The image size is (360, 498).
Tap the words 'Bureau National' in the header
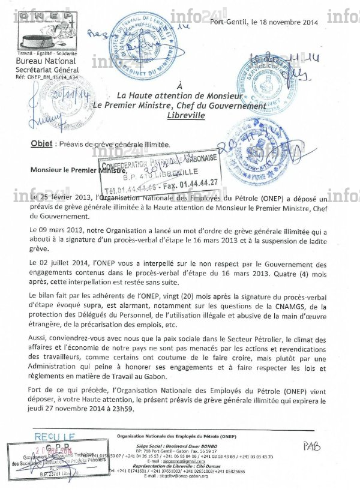46,61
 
